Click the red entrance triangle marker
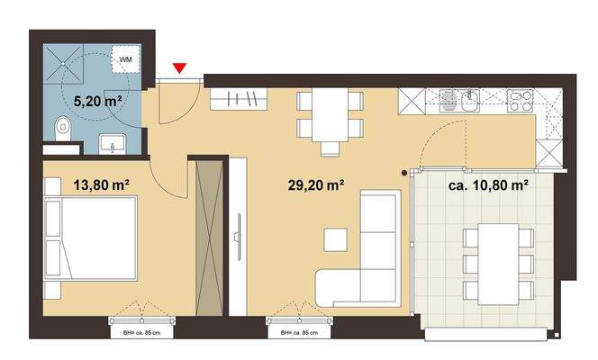tap(180, 67)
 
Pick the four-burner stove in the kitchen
tap(520, 101)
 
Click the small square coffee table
tap(336, 239)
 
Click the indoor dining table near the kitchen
tap(331, 114)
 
